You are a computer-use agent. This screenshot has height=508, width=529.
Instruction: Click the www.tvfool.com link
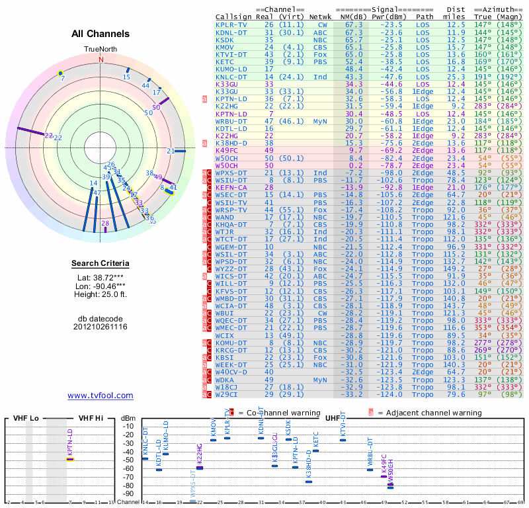(101, 396)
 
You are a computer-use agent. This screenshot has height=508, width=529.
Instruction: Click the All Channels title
(101, 34)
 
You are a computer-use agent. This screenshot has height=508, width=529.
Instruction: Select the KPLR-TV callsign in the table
(231, 24)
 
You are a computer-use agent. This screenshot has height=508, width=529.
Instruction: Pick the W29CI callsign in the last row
(228, 395)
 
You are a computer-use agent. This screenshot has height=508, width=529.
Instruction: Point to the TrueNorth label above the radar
(101, 50)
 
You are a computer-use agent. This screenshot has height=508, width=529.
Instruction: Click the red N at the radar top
(101, 59)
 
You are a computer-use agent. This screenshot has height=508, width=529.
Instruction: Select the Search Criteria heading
(101, 264)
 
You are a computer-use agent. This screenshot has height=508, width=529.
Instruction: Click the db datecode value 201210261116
(101, 327)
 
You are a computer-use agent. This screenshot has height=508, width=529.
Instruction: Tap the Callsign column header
(233, 17)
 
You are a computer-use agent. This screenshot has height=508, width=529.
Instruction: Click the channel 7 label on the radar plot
(63, 78)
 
